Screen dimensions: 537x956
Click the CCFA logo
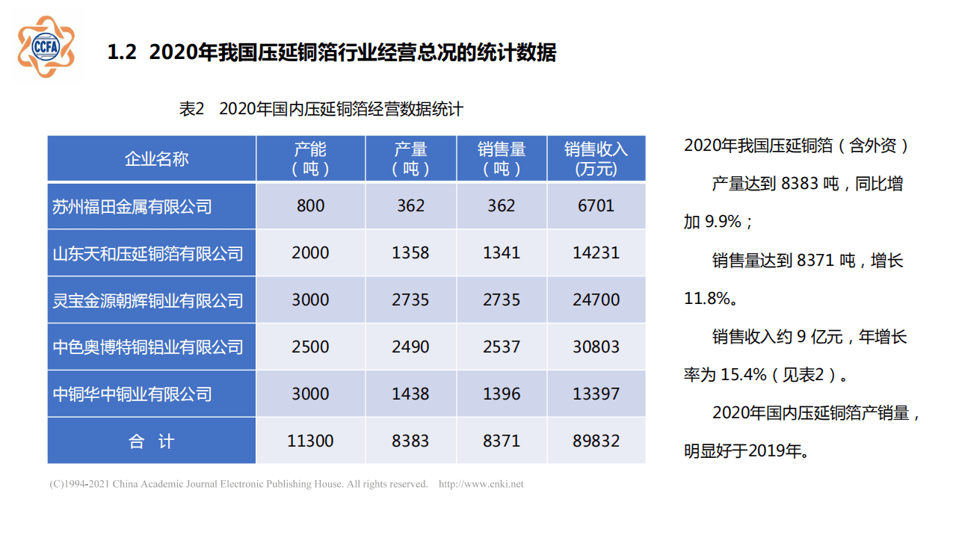click(46, 46)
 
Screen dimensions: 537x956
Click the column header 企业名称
click(156, 158)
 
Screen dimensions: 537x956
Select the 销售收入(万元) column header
click(596, 158)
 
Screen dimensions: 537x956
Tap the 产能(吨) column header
click(310, 158)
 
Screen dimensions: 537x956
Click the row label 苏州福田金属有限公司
click(132, 206)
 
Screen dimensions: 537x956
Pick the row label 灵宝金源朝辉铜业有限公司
click(148, 300)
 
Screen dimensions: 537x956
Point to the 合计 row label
click(151, 441)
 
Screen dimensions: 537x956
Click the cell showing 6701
click(596, 206)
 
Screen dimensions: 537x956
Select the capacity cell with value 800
click(310, 206)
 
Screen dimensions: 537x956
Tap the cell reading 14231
click(596, 253)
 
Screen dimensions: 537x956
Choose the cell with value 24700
click(596, 300)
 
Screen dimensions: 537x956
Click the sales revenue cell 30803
click(596, 347)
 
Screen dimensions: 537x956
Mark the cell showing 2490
click(410, 347)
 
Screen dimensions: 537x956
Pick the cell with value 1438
click(410, 394)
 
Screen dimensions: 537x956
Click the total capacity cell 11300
click(310, 441)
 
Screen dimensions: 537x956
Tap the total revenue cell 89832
click(596, 441)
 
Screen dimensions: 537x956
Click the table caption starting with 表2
click(321, 109)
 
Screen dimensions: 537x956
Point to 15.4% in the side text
click(743, 375)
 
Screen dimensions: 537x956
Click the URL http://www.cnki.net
click(481, 484)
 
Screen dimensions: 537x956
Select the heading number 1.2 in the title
click(122, 53)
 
